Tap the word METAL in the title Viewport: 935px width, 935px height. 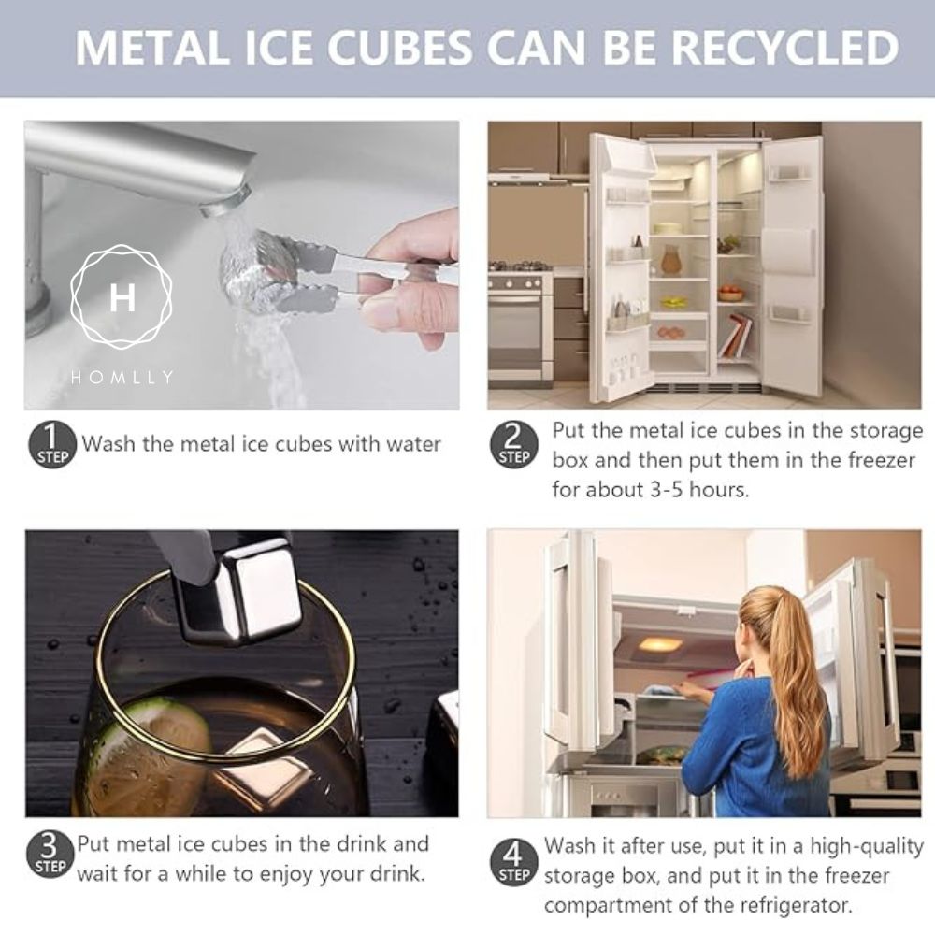tap(152, 47)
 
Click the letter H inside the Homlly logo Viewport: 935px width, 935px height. tap(122, 297)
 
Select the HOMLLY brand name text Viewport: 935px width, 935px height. tap(122, 377)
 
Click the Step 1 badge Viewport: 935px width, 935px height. tap(52, 444)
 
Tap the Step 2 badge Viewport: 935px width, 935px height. tap(514, 444)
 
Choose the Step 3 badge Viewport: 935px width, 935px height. tap(50, 854)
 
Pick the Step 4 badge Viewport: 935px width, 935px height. tap(512, 862)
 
